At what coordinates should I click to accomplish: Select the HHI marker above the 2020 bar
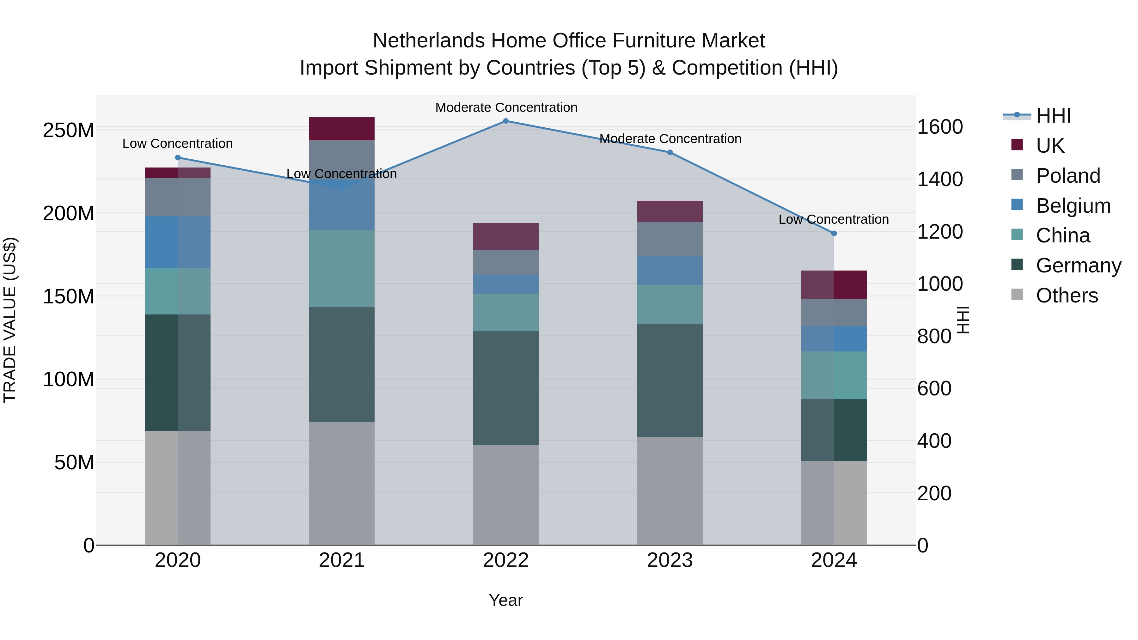coord(178,158)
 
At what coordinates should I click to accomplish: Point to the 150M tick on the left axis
coord(69,296)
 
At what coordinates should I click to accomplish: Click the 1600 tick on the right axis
coord(940,127)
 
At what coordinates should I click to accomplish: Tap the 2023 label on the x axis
coord(670,560)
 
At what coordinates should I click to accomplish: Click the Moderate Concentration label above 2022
coord(506,107)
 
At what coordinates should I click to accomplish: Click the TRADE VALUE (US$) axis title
coord(10,320)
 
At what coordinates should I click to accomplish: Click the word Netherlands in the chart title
coord(428,41)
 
